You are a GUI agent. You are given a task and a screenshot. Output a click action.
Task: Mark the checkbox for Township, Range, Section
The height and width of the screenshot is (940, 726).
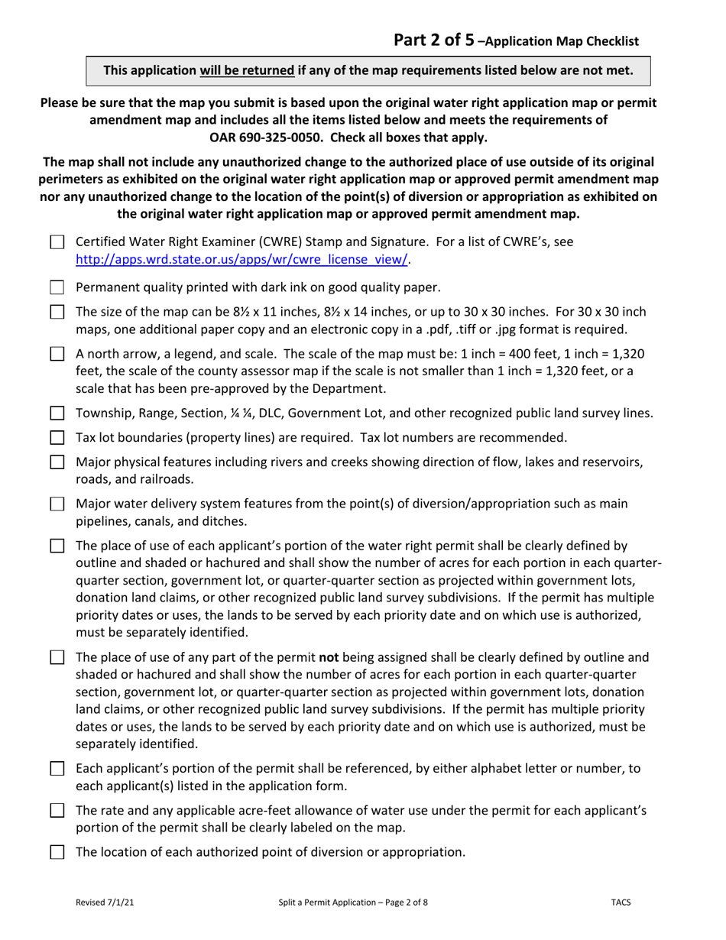click(57, 415)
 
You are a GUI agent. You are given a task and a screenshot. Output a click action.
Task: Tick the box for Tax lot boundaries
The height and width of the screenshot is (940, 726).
click(57, 439)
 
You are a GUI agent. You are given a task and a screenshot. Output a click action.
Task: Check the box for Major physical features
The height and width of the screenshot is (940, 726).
click(57, 463)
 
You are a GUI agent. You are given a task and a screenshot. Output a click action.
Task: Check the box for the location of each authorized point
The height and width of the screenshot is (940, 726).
click(57, 852)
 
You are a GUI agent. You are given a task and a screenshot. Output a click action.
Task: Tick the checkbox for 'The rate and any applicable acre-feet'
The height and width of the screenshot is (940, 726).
click(57, 812)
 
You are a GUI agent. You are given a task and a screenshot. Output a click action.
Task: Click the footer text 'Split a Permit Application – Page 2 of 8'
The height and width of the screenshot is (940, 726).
click(353, 903)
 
